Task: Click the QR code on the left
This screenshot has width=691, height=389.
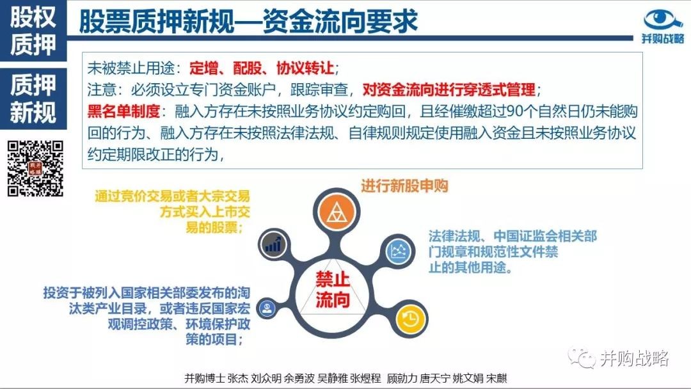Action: click(x=35, y=168)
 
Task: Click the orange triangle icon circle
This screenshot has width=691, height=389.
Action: click(x=337, y=213)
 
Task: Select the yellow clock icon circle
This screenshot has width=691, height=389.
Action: click(x=410, y=319)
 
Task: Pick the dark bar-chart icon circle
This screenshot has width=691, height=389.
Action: click(x=273, y=244)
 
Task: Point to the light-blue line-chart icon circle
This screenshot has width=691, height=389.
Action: click(x=399, y=251)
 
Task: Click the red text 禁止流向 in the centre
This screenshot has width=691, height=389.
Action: click(x=333, y=289)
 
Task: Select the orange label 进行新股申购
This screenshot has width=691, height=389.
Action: click(x=404, y=186)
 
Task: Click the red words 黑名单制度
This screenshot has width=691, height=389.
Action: click(x=123, y=111)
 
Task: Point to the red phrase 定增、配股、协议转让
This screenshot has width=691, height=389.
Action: click(x=261, y=68)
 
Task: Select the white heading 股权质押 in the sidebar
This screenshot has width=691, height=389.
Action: click(x=33, y=30)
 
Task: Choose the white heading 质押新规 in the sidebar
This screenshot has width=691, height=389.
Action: click(x=33, y=99)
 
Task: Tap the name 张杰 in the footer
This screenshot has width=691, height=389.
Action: click(x=238, y=378)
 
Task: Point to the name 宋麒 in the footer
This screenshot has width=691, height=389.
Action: click(x=496, y=378)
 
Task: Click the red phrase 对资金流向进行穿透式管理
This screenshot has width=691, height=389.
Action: click(x=449, y=90)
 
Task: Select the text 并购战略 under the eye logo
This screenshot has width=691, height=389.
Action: click(x=663, y=39)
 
